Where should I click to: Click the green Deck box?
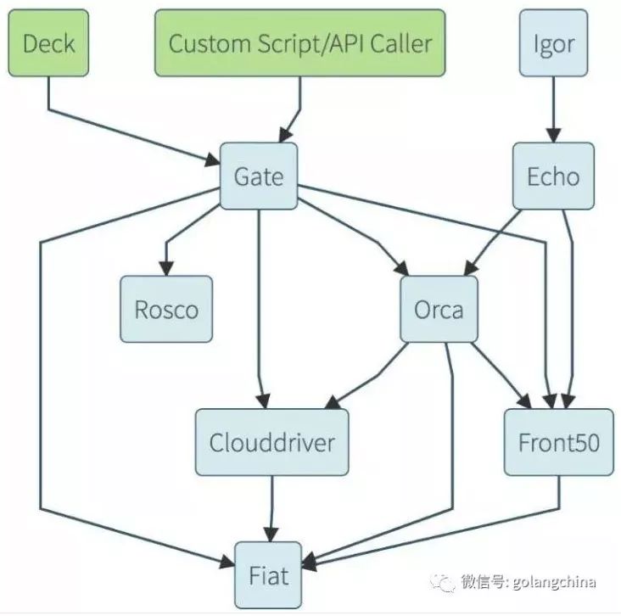point(49,43)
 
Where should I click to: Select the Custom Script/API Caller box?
point(299,43)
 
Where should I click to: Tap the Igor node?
point(554,43)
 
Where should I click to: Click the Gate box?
point(259,176)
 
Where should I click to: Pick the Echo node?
point(553,176)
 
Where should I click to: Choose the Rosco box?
point(166,309)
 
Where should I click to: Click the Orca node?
point(439,309)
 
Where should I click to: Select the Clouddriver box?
point(271,442)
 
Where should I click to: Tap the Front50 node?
point(558,442)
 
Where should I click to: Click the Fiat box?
point(269,576)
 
